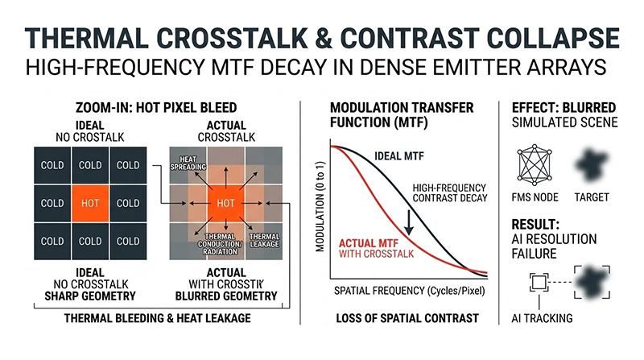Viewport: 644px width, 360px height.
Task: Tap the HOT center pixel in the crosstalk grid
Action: [x=226, y=204]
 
